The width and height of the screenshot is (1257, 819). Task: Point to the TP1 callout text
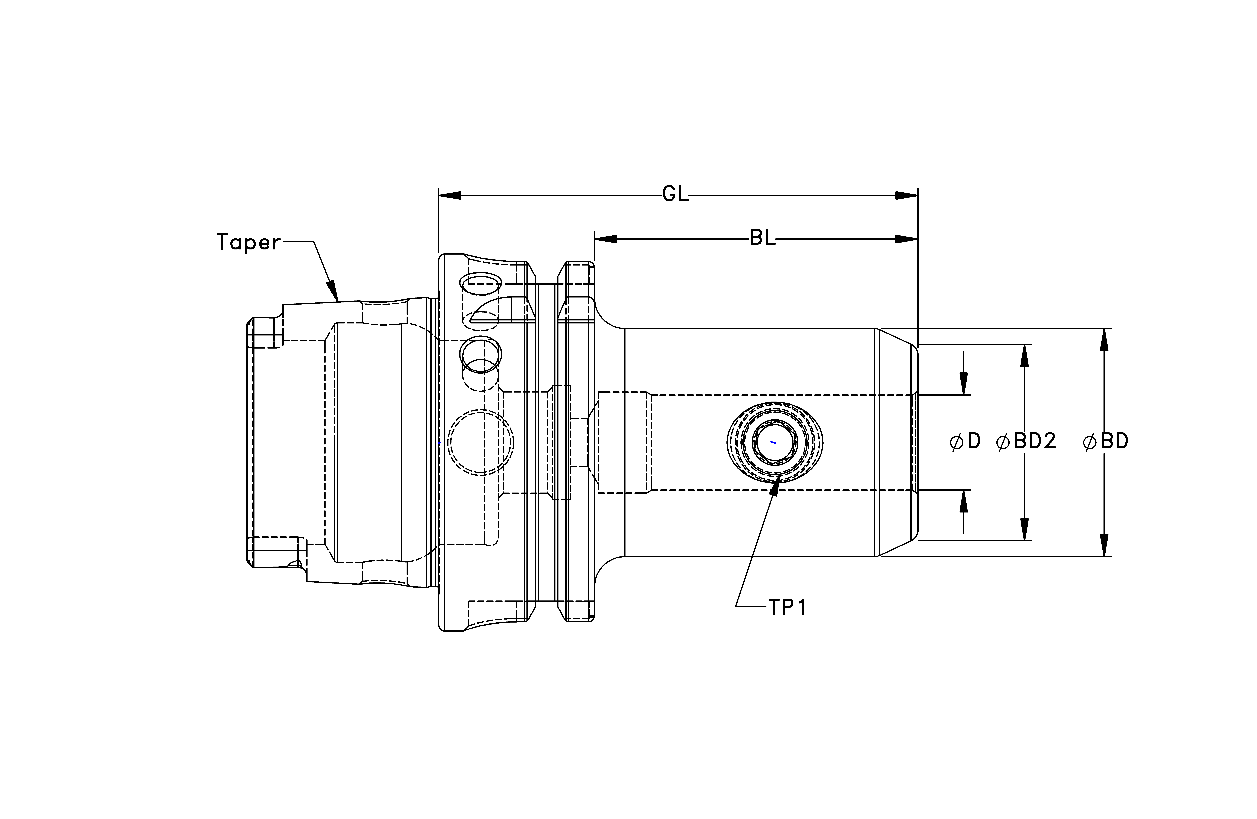(787, 608)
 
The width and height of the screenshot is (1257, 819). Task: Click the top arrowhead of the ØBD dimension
(1104, 339)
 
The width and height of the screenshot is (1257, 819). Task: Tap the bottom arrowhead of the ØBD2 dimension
(1025, 529)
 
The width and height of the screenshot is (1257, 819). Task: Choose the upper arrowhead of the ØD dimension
(964, 384)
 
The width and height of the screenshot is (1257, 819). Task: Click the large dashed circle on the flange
(481, 410)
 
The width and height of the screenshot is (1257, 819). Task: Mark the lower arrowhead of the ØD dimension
(964, 501)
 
